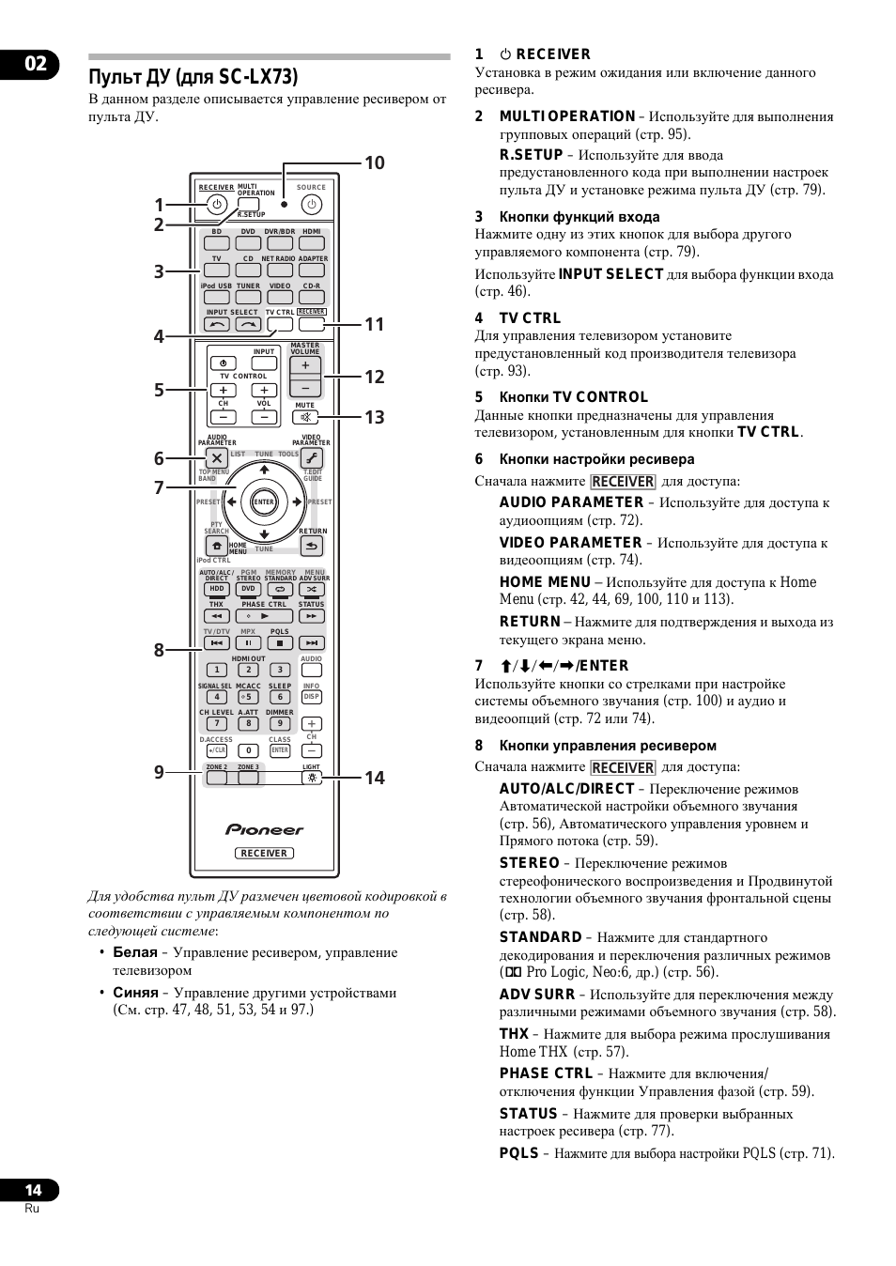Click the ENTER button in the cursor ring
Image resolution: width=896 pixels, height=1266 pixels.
point(264,502)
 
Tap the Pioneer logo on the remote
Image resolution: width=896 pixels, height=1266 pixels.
point(264,829)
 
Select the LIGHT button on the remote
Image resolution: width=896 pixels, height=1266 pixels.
point(312,778)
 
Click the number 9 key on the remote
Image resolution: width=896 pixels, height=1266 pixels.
point(280,723)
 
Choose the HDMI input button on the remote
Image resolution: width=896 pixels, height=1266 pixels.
point(312,243)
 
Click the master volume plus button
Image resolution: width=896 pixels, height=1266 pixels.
point(305,365)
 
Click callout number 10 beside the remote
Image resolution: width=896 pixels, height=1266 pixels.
point(374,163)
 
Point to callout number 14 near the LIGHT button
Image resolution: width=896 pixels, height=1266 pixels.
point(374,777)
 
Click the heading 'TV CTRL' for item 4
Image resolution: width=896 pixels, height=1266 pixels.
point(530,318)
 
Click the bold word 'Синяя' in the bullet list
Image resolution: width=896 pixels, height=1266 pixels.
point(135,993)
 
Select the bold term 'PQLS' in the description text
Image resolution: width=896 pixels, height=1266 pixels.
point(518,1153)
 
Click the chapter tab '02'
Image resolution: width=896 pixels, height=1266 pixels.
point(35,64)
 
